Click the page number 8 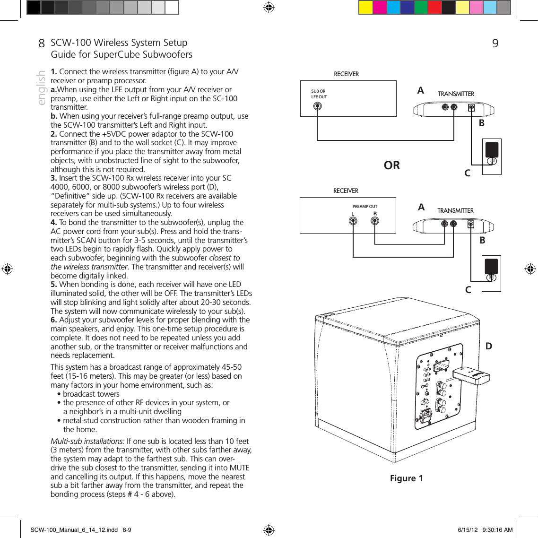pyautogui.click(x=42, y=43)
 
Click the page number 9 pyautogui.click(x=495, y=43)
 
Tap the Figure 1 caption pyautogui.click(x=406, y=478)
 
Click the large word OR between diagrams pyautogui.click(x=391, y=165)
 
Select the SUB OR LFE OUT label pyautogui.click(x=319, y=94)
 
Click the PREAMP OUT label pyautogui.click(x=364, y=207)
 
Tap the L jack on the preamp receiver pyautogui.click(x=353, y=221)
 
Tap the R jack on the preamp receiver pyautogui.click(x=375, y=221)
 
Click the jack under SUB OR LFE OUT pyautogui.click(x=318, y=106)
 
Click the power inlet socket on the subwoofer pyautogui.click(x=427, y=416)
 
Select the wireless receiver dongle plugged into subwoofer pyautogui.click(x=471, y=376)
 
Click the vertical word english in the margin pyautogui.click(x=42, y=88)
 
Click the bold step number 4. pyautogui.click(x=54, y=223)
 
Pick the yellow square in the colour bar pyautogui.click(x=365, y=8)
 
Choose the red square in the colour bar pyautogui.click(x=434, y=8)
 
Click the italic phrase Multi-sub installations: pyautogui.click(x=87, y=441)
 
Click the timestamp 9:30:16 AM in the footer pyautogui.click(x=497, y=530)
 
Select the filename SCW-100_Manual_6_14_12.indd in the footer pyautogui.click(x=74, y=530)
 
